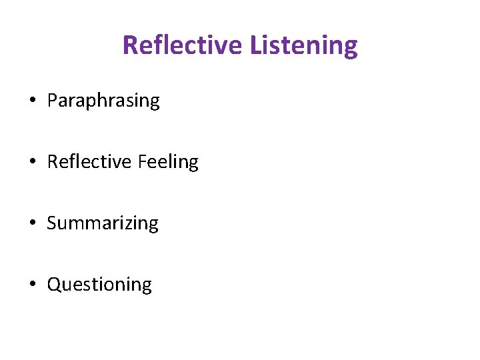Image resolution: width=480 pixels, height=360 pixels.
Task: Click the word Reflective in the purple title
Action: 183,45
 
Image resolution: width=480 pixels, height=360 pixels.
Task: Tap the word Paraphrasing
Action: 103,101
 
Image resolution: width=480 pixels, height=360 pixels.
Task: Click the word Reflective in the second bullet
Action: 89,162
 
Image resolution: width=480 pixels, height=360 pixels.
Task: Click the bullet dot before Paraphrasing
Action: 32,101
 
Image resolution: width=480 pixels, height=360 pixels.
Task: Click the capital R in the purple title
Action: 130,45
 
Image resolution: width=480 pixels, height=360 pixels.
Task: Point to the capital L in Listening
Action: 256,45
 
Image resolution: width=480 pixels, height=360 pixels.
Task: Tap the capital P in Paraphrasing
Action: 52,101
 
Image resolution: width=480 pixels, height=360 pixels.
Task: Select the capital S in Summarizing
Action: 51,223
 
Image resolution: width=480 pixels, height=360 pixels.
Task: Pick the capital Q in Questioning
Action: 54,285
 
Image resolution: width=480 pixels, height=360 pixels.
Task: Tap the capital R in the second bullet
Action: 52,162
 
